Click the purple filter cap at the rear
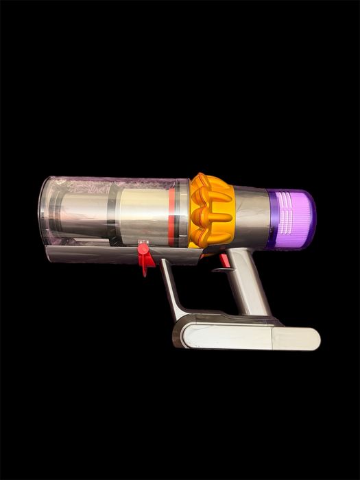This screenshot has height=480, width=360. click(x=292, y=219)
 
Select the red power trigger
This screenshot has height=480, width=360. click(x=224, y=261)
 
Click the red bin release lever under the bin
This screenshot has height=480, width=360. click(x=144, y=261)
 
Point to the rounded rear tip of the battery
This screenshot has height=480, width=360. click(x=313, y=339)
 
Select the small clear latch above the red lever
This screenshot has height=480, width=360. click(x=143, y=242)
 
